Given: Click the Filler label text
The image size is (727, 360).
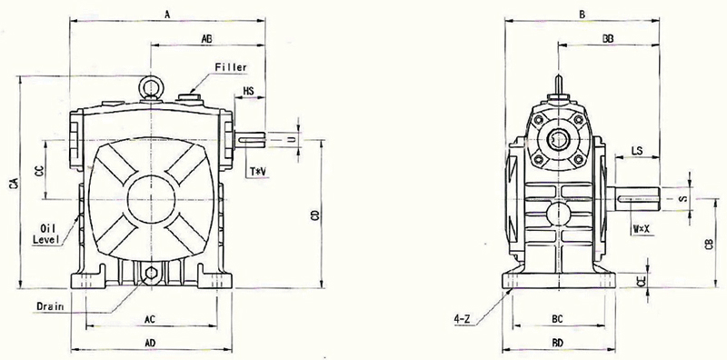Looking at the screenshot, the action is (x=230, y=68).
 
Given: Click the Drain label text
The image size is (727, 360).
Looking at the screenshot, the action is (x=50, y=306).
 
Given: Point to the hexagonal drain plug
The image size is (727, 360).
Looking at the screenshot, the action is (x=150, y=274).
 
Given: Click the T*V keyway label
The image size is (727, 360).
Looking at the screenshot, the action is (x=258, y=172).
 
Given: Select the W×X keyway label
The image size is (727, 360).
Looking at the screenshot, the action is (x=642, y=228).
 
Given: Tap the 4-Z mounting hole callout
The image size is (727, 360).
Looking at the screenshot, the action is (x=463, y=319).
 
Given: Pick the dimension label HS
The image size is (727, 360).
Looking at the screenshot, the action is (x=249, y=92).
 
